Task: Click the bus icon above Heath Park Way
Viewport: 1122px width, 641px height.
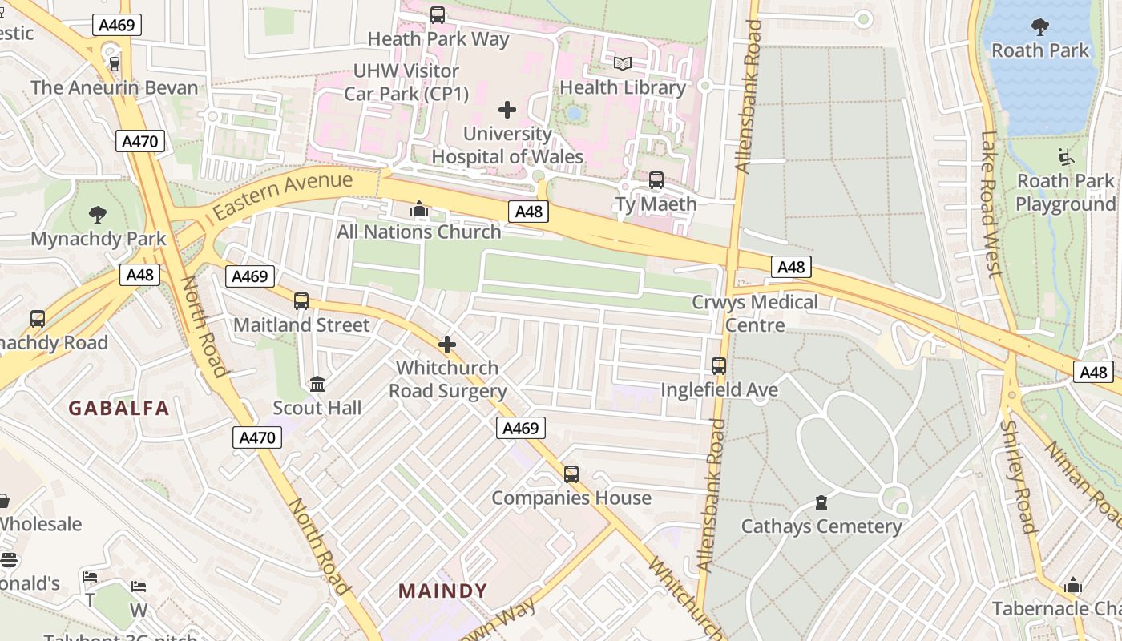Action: pos(438,14)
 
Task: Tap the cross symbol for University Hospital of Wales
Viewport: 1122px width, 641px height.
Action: pos(507,110)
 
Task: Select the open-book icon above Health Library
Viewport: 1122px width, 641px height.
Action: pos(623,63)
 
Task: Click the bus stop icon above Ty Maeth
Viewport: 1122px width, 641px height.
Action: pos(656,180)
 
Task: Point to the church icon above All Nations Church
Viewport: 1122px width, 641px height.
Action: pos(418,209)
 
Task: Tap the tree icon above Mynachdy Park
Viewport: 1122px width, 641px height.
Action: pos(98,214)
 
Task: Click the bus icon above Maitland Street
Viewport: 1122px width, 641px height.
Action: pos(301,301)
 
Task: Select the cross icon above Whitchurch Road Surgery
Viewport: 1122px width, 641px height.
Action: pos(447,345)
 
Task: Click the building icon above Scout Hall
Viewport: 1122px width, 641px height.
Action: pos(317,384)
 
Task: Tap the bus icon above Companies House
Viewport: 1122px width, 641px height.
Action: pos(571,474)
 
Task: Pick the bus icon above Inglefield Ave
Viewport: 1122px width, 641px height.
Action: pos(719,366)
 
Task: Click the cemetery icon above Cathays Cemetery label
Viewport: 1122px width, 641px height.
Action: pos(821,502)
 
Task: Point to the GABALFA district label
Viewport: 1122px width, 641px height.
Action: pos(119,409)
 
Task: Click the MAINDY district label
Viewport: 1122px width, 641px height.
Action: pos(443,591)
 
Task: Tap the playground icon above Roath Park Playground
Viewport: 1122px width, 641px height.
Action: pos(1065,157)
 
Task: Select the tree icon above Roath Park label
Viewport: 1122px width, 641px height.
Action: pos(1040,27)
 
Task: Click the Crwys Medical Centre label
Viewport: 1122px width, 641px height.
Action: pos(755,313)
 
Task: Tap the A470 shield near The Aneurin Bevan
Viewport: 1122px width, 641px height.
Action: pos(140,142)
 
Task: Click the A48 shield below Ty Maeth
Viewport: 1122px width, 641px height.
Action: pos(529,212)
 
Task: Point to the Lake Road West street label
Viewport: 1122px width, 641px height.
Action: pos(991,204)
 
